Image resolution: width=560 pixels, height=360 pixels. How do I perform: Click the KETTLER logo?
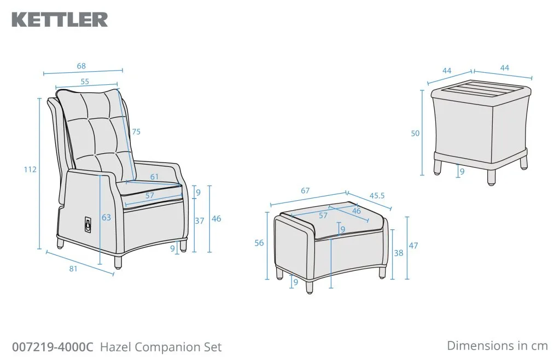pyautogui.click(x=60, y=20)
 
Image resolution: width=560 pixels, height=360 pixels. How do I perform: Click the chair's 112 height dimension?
pyautogui.click(x=31, y=169)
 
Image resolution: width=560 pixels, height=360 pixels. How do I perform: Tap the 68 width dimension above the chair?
pyautogui.click(x=81, y=66)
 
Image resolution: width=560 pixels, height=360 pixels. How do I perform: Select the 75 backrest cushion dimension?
pyautogui.click(x=136, y=132)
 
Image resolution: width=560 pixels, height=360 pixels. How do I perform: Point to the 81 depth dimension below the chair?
pyautogui.click(x=73, y=269)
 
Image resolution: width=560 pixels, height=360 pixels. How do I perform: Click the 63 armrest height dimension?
pyautogui.click(x=107, y=217)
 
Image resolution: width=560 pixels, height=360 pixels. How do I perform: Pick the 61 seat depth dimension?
pyautogui.click(x=154, y=177)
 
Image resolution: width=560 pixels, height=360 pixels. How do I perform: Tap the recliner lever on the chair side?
pyautogui.click(x=87, y=225)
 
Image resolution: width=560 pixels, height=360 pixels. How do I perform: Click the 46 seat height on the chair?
pyautogui.click(x=217, y=219)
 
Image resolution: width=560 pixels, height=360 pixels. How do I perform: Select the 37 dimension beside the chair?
pyautogui.click(x=199, y=221)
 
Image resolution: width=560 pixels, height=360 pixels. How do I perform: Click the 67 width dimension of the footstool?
pyautogui.click(x=305, y=191)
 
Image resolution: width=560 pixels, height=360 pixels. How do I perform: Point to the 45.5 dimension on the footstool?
pyautogui.click(x=377, y=196)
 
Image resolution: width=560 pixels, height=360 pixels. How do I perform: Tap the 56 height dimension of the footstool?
pyautogui.click(x=259, y=243)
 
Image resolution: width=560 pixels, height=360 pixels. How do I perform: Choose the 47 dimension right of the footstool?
pyautogui.click(x=413, y=246)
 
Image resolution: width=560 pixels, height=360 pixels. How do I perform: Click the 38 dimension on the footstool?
pyautogui.click(x=399, y=253)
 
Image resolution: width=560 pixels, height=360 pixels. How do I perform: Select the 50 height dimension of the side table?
pyautogui.click(x=415, y=133)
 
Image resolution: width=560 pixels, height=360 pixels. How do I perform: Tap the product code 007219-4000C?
pyautogui.click(x=52, y=347)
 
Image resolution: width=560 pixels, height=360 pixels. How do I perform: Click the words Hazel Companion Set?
pyautogui.click(x=161, y=347)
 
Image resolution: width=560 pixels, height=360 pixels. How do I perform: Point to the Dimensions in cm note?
pyautogui.click(x=497, y=346)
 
